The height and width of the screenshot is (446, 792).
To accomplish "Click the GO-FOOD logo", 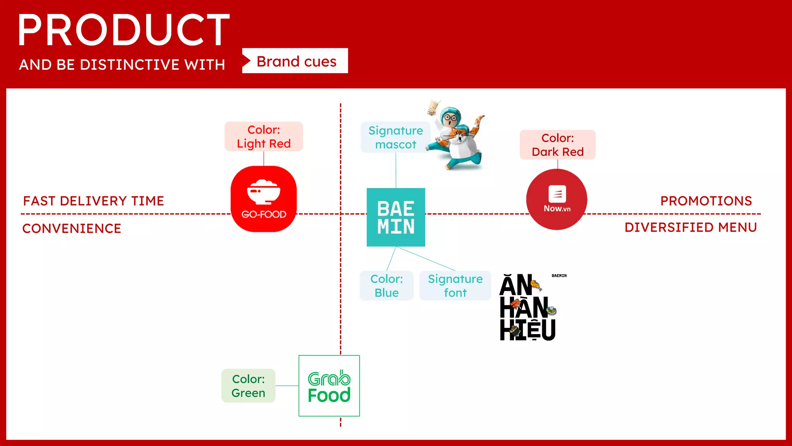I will (x=264, y=199).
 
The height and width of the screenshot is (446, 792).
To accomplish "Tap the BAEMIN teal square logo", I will (x=396, y=217).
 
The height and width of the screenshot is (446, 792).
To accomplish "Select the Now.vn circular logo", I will (x=557, y=199).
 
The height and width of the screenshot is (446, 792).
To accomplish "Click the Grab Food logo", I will (x=329, y=386).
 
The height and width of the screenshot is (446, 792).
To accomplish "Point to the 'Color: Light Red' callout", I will (x=264, y=136).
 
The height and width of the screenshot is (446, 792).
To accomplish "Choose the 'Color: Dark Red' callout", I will (x=558, y=145).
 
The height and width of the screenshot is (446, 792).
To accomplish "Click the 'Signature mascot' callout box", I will (x=395, y=137).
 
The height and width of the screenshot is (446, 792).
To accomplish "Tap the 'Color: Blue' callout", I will (x=386, y=286).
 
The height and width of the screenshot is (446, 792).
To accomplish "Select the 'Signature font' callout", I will (x=455, y=286).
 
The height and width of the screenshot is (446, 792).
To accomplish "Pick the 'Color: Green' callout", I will (x=248, y=386).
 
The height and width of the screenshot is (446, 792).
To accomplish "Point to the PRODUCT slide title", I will (x=124, y=30).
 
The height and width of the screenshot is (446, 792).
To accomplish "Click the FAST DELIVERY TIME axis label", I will (x=94, y=201).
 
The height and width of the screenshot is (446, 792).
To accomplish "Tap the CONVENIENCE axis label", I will (x=72, y=228).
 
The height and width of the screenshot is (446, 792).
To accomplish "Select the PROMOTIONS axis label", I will (x=706, y=201).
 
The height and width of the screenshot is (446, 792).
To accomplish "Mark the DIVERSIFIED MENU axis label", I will (x=691, y=227).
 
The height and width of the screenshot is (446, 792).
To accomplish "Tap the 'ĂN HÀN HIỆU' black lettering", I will (x=527, y=308).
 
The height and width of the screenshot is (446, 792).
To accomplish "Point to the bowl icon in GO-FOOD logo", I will (x=264, y=192).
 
